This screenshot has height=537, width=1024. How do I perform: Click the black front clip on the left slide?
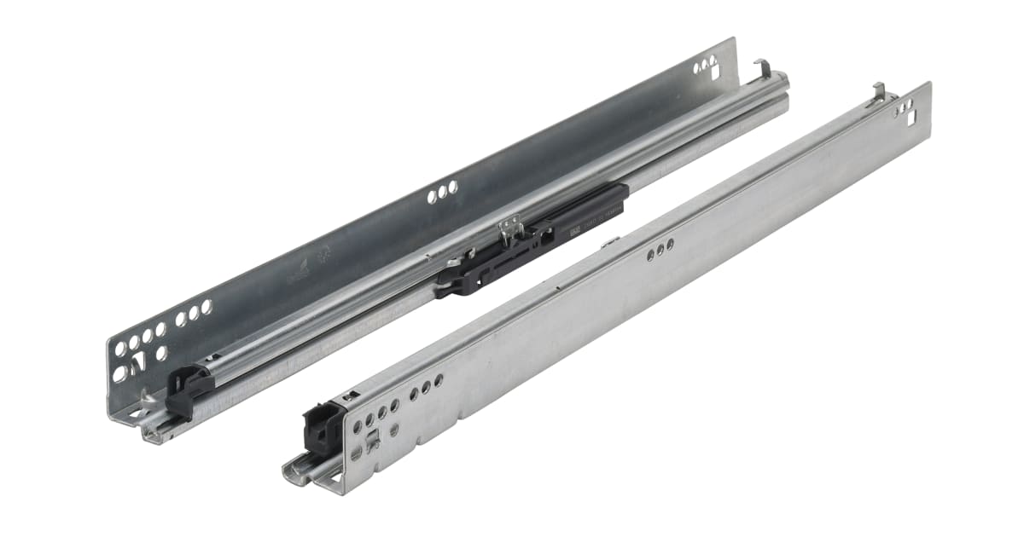pyautogui.click(x=189, y=388)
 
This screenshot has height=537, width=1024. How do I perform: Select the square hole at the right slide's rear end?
pyautogui.click(x=909, y=107)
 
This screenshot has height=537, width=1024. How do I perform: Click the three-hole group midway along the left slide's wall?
pyautogui.click(x=443, y=194)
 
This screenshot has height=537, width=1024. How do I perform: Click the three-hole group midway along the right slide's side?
pyautogui.click(x=660, y=251)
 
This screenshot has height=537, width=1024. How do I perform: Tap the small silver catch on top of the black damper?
pyautogui.click(x=510, y=227)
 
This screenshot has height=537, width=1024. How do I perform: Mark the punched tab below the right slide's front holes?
pyautogui.click(x=373, y=442)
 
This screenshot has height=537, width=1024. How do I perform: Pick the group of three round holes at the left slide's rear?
pyautogui.click(x=705, y=64)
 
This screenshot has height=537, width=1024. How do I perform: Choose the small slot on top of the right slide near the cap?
pyautogui.click(x=350, y=396)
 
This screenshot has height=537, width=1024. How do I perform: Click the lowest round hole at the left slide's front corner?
pyautogui.click(x=119, y=373)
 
